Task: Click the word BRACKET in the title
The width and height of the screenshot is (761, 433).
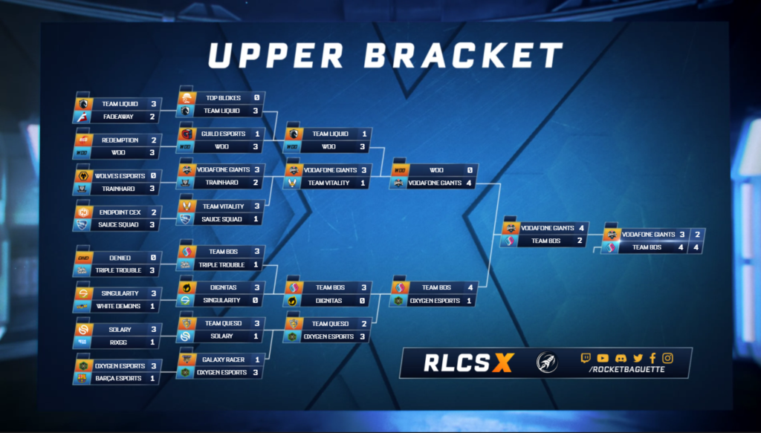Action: (x=464, y=55)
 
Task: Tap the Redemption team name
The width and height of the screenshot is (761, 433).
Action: (x=120, y=140)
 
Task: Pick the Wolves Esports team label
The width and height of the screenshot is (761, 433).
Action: (x=120, y=176)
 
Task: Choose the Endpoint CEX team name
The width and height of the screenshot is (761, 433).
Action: (x=120, y=212)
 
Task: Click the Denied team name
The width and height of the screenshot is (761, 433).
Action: (x=120, y=258)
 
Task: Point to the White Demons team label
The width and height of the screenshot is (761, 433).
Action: (x=118, y=306)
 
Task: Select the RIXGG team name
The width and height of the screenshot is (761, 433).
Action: (x=118, y=342)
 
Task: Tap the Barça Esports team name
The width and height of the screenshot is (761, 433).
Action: (x=118, y=378)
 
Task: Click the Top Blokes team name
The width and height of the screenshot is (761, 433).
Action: (x=223, y=98)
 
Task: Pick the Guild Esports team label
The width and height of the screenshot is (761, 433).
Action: (x=223, y=134)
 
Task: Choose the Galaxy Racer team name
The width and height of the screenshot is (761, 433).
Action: (x=223, y=359)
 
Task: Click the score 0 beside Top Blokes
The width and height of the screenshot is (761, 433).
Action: (x=256, y=98)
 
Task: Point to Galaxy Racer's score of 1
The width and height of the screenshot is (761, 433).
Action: (x=256, y=359)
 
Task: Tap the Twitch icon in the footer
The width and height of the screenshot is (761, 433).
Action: (x=586, y=358)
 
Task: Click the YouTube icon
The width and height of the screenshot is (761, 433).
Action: (x=603, y=358)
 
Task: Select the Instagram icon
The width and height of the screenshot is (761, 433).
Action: (x=668, y=358)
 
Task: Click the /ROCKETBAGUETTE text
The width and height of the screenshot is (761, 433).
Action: (x=626, y=369)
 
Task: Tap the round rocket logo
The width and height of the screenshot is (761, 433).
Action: (x=547, y=362)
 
